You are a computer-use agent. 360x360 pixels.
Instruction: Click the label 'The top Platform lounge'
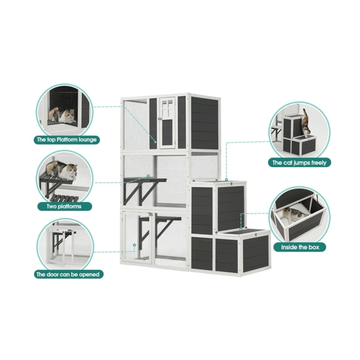67,140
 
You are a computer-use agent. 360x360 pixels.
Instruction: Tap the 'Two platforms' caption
64,206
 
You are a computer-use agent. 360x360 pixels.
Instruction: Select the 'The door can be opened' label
68,274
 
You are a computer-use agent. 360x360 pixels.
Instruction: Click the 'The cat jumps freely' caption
300,163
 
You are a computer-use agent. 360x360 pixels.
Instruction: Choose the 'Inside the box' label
300,247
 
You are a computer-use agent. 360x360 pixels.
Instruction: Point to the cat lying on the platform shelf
62,170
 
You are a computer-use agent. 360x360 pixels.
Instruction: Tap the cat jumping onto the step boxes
306,123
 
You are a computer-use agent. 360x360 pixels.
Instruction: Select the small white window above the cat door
167,108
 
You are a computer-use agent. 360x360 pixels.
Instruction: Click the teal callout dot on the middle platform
148,176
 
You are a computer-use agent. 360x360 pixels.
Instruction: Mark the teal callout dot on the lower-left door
134,245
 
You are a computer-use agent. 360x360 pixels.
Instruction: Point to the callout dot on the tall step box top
226,180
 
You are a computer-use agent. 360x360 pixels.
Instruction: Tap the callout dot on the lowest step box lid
241,229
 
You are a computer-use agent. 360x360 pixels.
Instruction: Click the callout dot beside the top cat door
156,142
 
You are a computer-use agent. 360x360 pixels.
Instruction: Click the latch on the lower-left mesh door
150,215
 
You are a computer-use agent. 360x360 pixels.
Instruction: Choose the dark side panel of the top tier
204,123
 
